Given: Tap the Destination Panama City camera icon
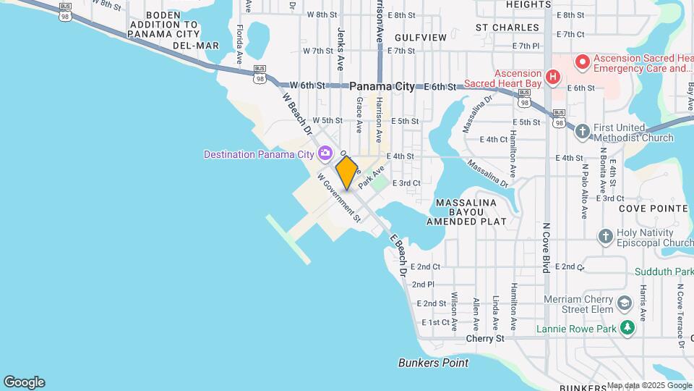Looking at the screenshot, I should (x=325, y=153).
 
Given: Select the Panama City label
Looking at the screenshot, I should (x=382, y=86).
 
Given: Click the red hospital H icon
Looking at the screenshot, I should (x=553, y=76).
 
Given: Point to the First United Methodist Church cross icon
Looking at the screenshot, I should (x=583, y=131).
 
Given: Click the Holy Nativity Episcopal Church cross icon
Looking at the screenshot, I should (x=606, y=236).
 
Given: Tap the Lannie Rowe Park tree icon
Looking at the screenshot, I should (x=628, y=329).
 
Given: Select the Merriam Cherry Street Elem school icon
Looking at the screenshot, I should (x=626, y=300).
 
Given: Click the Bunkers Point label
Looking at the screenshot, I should (x=433, y=363).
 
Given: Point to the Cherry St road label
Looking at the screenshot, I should (x=484, y=338).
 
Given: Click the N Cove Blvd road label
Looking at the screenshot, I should (x=547, y=247).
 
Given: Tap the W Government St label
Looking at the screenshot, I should (x=338, y=196).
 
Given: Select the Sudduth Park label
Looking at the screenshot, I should (x=664, y=272).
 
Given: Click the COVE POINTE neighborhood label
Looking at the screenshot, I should (x=654, y=208).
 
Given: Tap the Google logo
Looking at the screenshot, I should (x=24, y=382).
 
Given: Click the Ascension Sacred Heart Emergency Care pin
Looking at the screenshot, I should (x=581, y=63).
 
